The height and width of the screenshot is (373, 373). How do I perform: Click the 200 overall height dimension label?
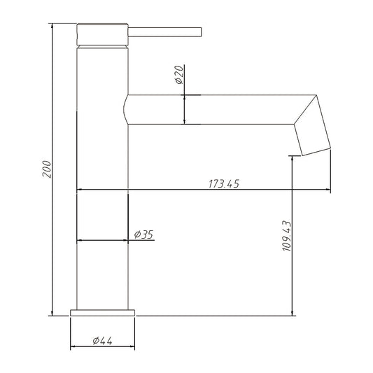47,169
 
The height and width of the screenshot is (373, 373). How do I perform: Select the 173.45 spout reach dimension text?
224,184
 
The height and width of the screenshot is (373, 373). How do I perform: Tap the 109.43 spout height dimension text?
286,236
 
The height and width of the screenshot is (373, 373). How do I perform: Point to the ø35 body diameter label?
143,234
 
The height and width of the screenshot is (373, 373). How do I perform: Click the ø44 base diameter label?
102,341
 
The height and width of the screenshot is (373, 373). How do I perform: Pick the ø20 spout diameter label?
179,75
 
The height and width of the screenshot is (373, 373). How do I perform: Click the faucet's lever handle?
165,32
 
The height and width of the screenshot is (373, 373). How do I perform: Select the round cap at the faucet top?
103,34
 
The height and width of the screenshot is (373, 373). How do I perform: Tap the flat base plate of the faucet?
103,313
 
